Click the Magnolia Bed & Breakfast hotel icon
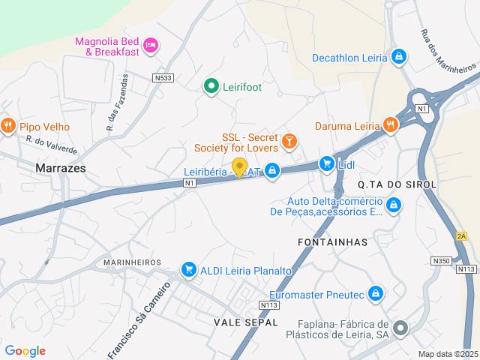151,46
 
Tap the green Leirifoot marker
211,86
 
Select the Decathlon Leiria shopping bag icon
399,56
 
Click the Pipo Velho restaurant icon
8,125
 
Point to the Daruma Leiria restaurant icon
389,124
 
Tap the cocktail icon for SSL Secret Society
289,140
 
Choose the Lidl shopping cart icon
326,163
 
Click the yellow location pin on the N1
239,167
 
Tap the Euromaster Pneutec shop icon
376,294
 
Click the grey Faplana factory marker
401,327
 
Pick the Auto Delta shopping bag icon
394,204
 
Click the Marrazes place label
60,169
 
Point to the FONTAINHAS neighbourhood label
332,242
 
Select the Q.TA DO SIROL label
387,184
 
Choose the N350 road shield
441,260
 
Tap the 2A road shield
461,236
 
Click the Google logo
25,350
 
